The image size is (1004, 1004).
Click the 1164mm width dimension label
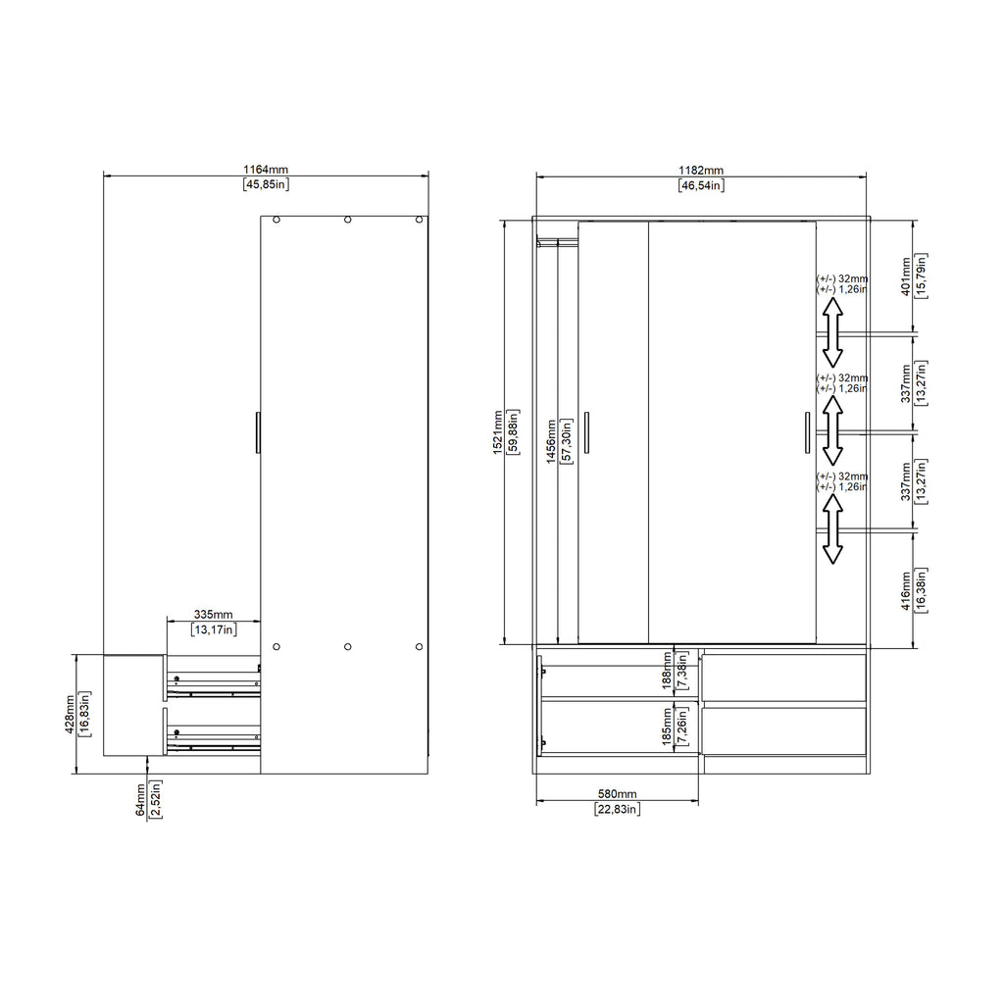(266, 170)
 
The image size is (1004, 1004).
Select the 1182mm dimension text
(701, 171)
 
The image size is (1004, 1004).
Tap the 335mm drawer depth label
(213, 615)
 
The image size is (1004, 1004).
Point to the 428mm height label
(70, 715)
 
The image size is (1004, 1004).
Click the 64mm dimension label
(141, 800)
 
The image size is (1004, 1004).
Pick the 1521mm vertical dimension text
(498, 432)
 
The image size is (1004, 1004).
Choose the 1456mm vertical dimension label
(551, 442)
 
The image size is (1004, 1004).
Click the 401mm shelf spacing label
(906, 276)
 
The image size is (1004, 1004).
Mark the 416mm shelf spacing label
(906, 590)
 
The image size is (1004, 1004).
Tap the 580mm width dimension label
(618, 794)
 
